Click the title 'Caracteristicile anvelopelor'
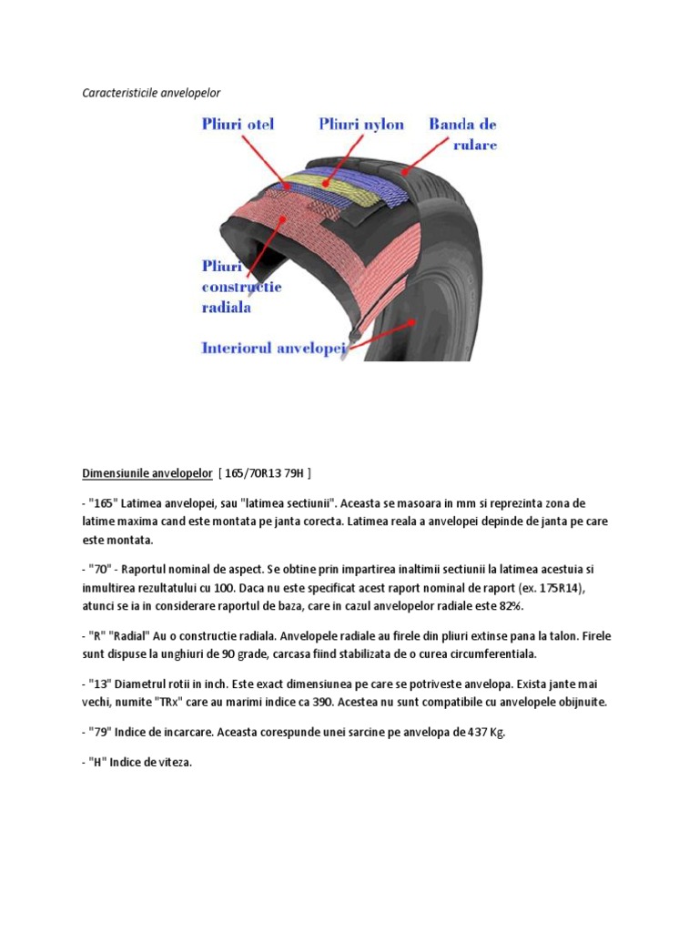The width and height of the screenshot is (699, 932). [x=151, y=93]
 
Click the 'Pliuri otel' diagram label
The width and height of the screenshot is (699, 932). [x=238, y=124]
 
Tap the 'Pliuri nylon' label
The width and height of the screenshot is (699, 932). [x=361, y=124]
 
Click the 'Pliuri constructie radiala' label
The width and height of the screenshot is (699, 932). [x=240, y=287]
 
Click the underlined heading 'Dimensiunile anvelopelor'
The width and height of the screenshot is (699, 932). [x=145, y=473]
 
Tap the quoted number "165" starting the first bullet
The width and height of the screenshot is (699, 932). [x=104, y=503]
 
